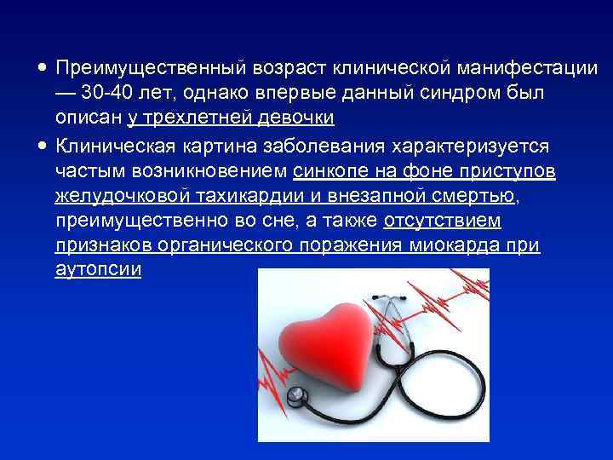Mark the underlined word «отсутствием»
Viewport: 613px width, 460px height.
point(443,221)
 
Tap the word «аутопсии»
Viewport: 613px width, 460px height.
point(98,270)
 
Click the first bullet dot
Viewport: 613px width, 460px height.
point(42,66)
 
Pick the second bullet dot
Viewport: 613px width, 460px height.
point(42,147)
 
